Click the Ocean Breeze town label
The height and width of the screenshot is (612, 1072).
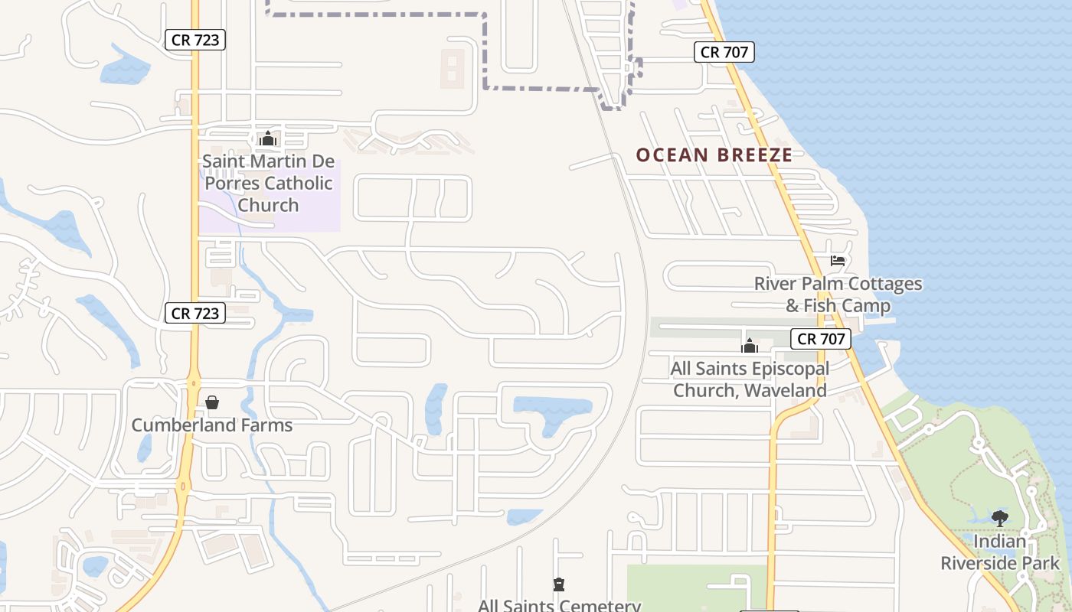pos(714,155)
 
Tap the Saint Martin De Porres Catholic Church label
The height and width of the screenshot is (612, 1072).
pos(267,184)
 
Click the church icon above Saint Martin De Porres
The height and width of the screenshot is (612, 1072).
pos(267,138)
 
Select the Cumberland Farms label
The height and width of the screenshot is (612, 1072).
pos(211,425)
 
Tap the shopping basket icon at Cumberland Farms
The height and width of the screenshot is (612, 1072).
pos(212,402)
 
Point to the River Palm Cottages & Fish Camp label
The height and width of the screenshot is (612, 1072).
pos(838,295)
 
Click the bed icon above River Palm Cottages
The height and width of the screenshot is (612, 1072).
pos(838,261)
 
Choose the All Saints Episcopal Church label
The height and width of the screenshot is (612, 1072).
pos(749,379)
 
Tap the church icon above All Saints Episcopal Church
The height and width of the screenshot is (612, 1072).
pos(749,346)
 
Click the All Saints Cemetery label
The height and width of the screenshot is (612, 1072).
pos(559,605)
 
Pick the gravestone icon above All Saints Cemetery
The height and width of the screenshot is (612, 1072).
pos(559,584)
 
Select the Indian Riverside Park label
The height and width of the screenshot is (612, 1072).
pos(999,552)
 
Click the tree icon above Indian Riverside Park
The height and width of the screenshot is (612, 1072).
pos(999,519)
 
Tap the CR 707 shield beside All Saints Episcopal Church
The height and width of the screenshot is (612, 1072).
pos(821,339)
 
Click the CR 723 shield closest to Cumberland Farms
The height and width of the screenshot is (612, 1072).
pos(195,313)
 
